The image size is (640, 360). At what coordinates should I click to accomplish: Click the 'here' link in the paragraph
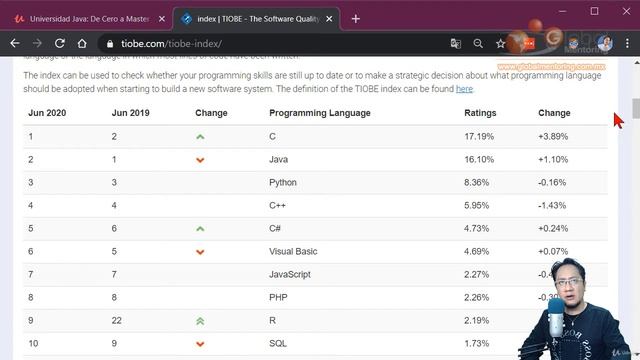(x=464, y=89)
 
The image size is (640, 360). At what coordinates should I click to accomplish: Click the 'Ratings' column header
(x=480, y=113)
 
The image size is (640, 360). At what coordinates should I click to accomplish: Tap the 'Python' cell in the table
(x=283, y=182)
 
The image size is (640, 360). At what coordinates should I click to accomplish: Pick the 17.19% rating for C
(x=479, y=136)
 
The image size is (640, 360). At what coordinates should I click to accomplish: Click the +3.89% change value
(x=554, y=136)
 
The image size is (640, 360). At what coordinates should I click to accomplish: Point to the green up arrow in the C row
(x=201, y=136)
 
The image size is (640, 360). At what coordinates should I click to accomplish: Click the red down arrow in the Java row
(x=201, y=159)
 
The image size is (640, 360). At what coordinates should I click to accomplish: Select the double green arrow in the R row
(x=201, y=320)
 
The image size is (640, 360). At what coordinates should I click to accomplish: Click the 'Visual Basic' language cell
(x=293, y=251)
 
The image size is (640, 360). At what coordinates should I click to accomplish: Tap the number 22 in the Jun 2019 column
(x=117, y=320)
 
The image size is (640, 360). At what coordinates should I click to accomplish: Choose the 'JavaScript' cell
(x=289, y=274)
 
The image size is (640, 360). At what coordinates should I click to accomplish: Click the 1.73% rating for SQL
(x=478, y=343)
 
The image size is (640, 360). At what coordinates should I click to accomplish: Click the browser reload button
(x=60, y=44)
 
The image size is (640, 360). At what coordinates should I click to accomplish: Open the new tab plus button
(x=356, y=18)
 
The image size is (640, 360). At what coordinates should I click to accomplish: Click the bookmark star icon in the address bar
(x=501, y=44)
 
